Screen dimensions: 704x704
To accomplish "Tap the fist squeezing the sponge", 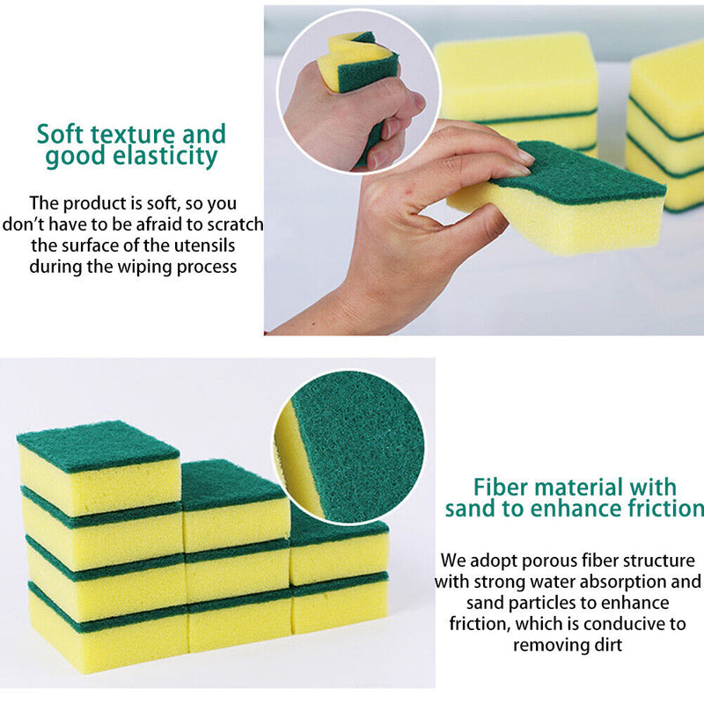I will click(x=348, y=119).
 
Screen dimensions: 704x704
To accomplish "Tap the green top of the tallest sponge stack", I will click(x=97, y=444).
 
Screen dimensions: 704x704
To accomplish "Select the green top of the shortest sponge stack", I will click(x=339, y=527).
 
